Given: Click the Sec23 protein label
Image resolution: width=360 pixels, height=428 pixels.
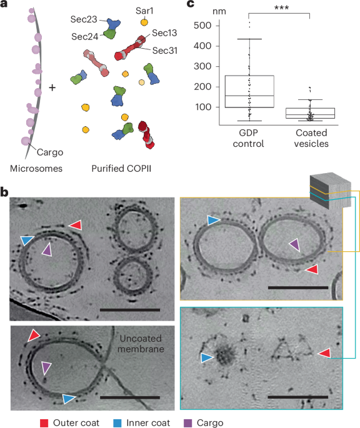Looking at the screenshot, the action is click(84, 19).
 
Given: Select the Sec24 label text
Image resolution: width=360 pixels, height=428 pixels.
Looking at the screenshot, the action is click(84, 37).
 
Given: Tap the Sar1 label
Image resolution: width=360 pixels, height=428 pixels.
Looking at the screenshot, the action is click(144, 11).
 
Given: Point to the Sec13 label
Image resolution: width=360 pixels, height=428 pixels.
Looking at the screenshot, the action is click(164, 33).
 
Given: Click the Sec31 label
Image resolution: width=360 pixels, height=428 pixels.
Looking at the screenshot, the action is click(165, 51).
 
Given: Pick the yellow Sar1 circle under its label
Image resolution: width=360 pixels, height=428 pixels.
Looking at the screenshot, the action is click(144, 22).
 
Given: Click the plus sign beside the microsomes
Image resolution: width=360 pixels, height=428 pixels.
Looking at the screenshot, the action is click(52, 87).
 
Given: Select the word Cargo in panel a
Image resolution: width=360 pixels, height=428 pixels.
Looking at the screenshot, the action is click(50, 152).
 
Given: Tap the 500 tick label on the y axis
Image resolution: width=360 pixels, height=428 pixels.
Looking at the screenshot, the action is click(202, 26).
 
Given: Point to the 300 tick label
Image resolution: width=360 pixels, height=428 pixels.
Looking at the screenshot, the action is click(202, 66).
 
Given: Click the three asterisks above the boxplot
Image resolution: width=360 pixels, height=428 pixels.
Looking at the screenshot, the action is click(281, 7).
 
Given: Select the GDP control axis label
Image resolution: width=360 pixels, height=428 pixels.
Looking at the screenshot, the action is click(248, 138).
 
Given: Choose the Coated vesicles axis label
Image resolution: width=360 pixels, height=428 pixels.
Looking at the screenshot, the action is click(311, 138).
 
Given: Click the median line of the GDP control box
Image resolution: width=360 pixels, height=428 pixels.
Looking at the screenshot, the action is click(249, 96).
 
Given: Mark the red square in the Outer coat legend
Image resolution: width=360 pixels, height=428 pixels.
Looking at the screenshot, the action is click(44, 423).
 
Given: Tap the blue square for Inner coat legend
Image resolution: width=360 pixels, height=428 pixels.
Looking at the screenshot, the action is click(117, 423).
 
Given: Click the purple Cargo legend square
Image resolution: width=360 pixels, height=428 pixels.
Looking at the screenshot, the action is click(188, 423).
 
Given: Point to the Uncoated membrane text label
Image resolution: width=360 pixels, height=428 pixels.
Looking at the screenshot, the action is click(141, 344).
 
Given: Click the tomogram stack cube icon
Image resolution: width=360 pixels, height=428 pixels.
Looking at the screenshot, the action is click(330, 191).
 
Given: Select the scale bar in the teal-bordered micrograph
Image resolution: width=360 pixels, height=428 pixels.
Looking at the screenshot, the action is click(298, 397).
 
